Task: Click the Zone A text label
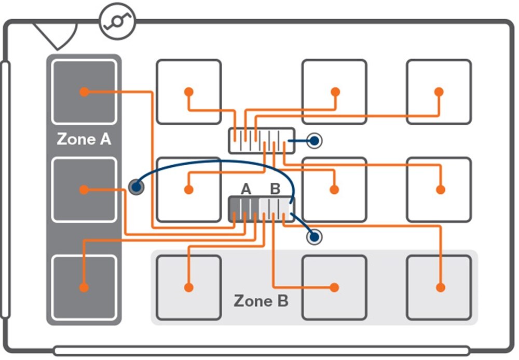(x=84, y=139)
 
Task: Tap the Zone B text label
(x=261, y=301)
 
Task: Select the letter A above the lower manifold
(x=246, y=190)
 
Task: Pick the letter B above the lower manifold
(x=275, y=190)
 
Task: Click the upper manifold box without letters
(x=262, y=141)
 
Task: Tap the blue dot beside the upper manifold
(x=314, y=140)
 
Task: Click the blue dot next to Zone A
(x=136, y=186)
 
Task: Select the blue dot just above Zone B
(x=314, y=237)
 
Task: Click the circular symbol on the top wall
(x=117, y=21)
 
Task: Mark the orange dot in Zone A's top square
(x=83, y=92)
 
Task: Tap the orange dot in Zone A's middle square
(x=83, y=190)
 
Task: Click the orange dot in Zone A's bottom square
(x=83, y=287)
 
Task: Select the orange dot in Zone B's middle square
(x=335, y=287)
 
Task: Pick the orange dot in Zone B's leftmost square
(x=188, y=287)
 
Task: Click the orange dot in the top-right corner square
(x=439, y=92)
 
